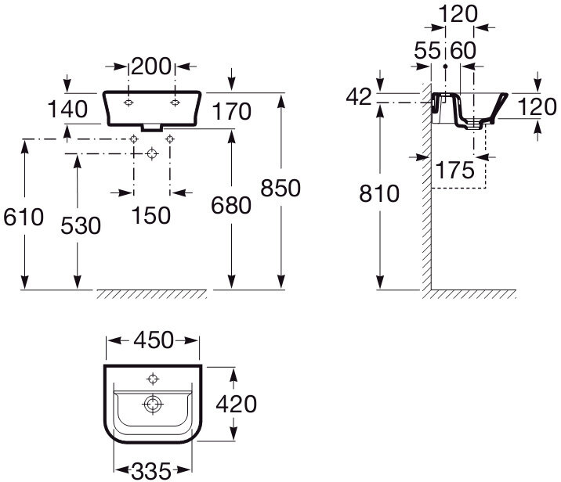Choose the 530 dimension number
81,225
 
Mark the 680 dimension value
231,206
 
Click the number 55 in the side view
428,51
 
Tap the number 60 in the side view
464,51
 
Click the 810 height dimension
378,192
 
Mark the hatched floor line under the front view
151,294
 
